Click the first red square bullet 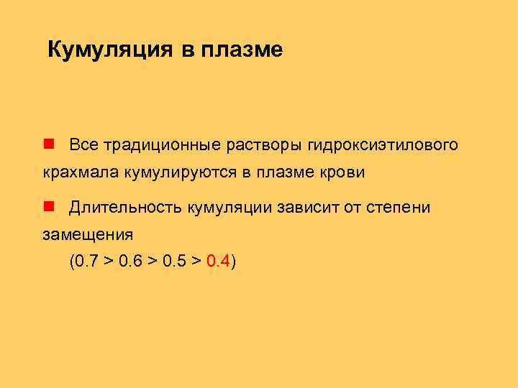(48, 144)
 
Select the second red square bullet (48, 207)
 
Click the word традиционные (161, 145)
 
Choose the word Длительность (127, 208)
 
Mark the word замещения (88, 235)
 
